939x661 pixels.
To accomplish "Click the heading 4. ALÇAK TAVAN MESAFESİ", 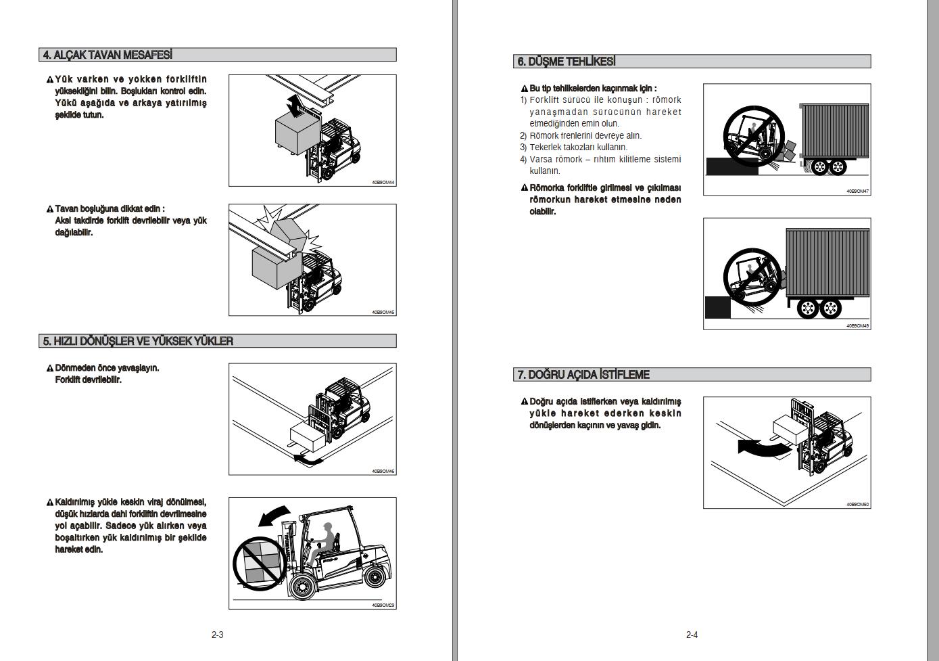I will coord(107,55).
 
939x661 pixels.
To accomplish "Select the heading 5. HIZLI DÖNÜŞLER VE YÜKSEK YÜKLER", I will coord(138,341).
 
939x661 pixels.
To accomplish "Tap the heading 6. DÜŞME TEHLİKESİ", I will coord(567,62).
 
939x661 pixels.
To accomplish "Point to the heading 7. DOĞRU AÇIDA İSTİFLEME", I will coord(583,374).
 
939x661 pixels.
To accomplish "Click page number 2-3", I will coord(217,635).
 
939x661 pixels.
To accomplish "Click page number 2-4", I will coord(692,635).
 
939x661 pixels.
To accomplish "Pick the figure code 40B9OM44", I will coord(383,183).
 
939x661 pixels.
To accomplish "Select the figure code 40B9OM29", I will coord(383,606).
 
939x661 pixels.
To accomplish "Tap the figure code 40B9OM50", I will coord(858,504).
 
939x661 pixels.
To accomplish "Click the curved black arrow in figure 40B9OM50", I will coord(761,448).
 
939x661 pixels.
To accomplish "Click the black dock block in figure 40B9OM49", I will coord(717,308).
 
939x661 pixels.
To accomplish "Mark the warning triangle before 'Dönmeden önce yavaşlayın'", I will coord(50,369).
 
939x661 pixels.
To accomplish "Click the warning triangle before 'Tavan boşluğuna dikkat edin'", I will coord(50,210).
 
